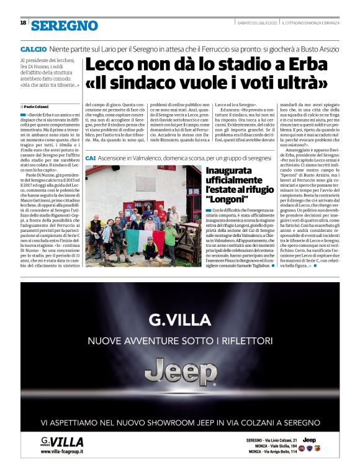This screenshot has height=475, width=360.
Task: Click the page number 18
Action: [23, 22]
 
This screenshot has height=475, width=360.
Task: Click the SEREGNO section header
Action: [65, 25]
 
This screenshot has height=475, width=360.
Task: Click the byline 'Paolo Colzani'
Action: [38, 107]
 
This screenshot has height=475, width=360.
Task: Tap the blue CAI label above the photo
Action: [90, 159]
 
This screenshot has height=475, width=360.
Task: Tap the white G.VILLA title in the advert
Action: [180, 320]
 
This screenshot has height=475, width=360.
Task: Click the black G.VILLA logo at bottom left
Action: [62, 442]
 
